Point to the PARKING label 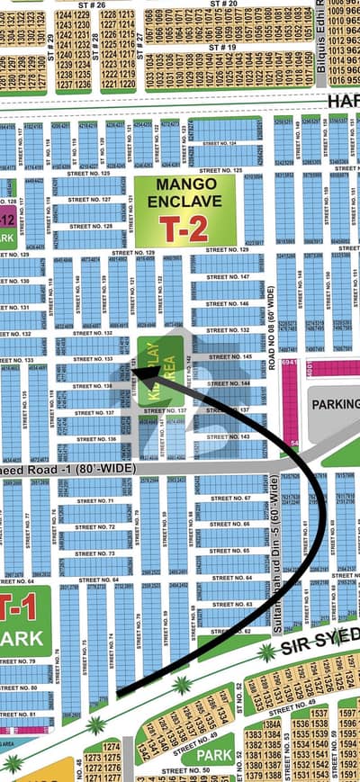point(335,404)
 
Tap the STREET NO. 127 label point(90,201)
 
